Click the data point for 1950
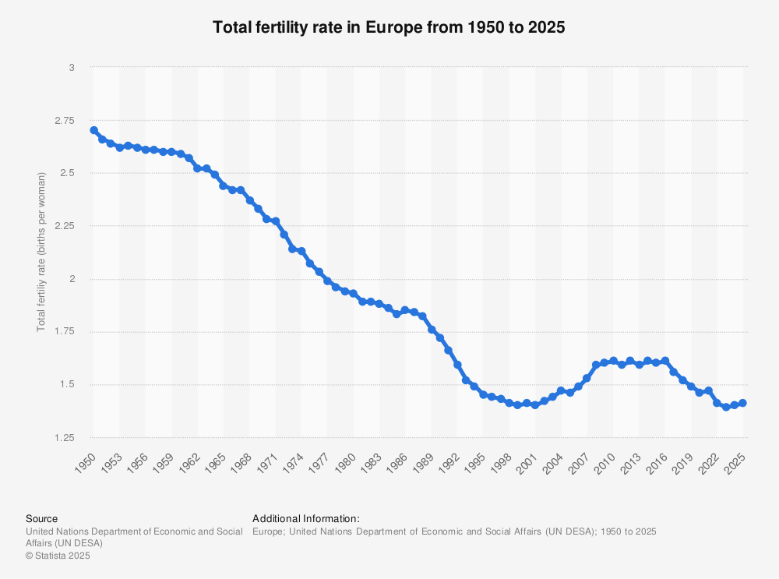(93, 130)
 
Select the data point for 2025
(742, 403)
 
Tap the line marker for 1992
(457, 365)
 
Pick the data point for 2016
(664, 361)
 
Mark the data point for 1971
(275, 221)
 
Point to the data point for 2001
(535, 405)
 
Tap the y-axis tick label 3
(71, 68)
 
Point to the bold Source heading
(41, 518)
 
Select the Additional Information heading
(306, 518)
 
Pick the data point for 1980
(353, 294)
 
